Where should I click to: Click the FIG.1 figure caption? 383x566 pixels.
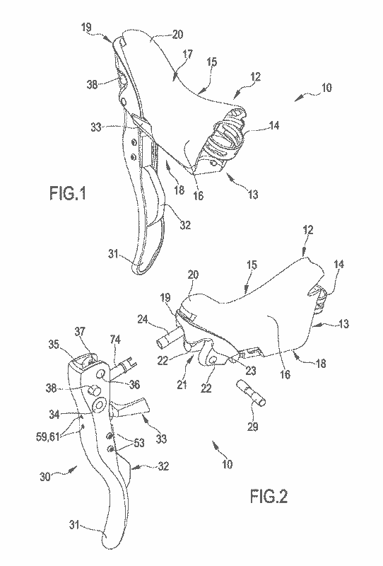point(68,193)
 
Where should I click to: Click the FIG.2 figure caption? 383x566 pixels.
point(269,497)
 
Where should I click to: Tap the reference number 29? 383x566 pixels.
point(253,427)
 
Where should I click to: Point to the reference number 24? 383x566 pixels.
point(143,319)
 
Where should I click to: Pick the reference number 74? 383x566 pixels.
point(115,340)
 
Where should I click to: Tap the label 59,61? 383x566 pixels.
point(47,437)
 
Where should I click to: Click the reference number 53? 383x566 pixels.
point(139,443)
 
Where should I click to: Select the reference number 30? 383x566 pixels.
point(45,477)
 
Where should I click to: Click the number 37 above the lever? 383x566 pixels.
point(80,331)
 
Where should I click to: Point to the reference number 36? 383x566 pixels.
point(134,384)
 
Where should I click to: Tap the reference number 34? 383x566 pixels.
point(54,415)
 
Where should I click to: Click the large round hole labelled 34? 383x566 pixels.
point(98,405)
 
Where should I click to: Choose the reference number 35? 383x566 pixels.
point(54,345)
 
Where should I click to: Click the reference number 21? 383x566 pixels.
point(182,384)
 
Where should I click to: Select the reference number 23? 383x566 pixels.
point(251,371)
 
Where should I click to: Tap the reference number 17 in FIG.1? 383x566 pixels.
point(187,54)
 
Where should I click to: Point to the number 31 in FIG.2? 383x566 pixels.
point(74,524)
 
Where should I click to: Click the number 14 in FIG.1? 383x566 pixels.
point(273,125)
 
